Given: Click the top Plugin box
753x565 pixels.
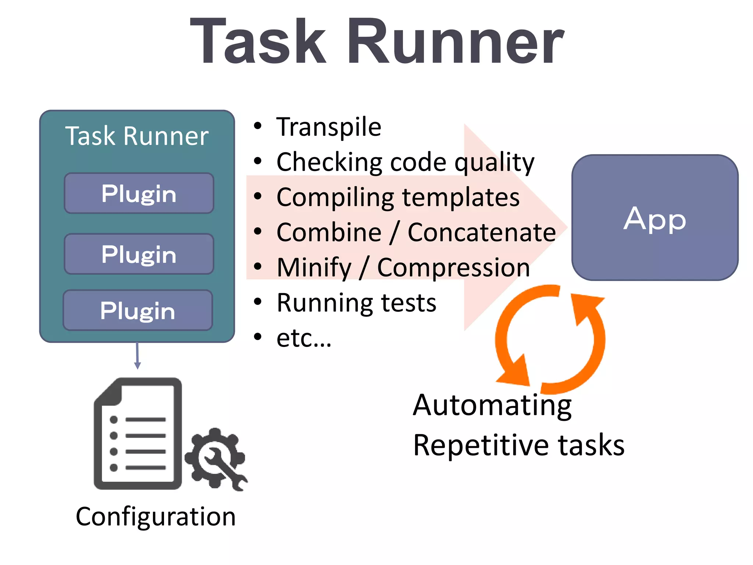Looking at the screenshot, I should pyautogui.click(x=139, y=193).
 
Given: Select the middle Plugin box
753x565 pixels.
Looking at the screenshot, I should pyautogui.click(x=139, y=254).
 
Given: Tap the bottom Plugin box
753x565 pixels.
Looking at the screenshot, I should pyautogui.click(x=138, y=310).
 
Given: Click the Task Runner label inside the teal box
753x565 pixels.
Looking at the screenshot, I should pyautogui.click(x=137, y=136).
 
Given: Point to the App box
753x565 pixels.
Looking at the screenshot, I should pyautogui.click(x=655, y=218).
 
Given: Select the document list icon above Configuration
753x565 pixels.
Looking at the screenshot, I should pyautogui.click(x=138, y=434).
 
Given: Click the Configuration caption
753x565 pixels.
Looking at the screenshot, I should pyautogui.click(x=156, y=517).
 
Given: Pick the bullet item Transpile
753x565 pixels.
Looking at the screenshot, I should pyautogui.click(x=329, y=127).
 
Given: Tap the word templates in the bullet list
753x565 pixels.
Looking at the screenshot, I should pyautogui.click(x=461, y=198).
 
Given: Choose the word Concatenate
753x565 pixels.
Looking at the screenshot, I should pyautogui.click(x=482, y=232).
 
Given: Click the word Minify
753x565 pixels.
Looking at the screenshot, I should pyautogui.click(x=314, y=268).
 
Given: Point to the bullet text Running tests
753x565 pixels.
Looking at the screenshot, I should pyautogui.click(x=356, y=303).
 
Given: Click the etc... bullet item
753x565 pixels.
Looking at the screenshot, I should pyautogui.click(x=304, y=338).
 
